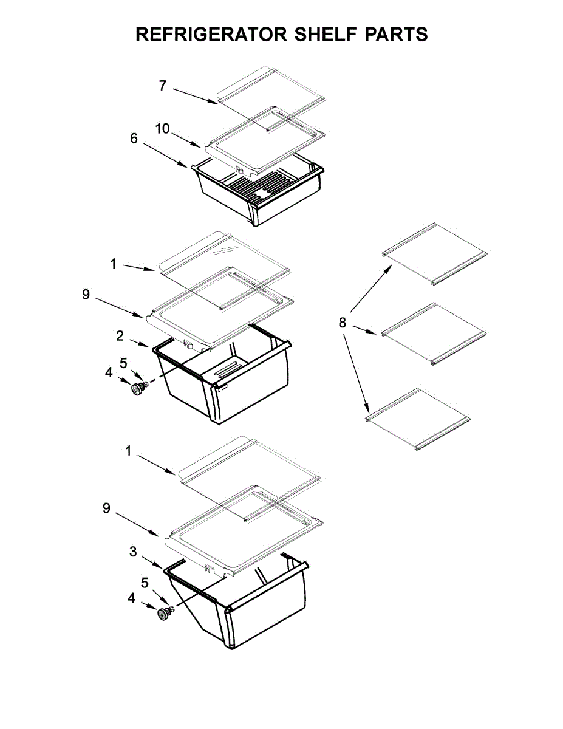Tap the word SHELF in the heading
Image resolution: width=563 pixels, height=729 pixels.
point(323,35)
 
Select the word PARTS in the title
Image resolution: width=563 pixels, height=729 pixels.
point(397,35)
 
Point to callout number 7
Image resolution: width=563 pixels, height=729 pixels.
point(162,86)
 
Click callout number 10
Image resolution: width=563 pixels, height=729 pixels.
point(162,129)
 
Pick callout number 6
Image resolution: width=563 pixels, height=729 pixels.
point(134,139)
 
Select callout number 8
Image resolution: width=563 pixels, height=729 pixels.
point(343,323)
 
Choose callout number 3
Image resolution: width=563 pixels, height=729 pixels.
point(133,552)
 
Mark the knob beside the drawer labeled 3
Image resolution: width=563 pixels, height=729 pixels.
point(163,614)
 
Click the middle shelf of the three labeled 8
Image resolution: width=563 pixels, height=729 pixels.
point(435,334)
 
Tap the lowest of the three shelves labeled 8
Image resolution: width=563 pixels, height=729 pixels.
point(418,419)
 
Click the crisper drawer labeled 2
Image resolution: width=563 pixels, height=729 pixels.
point(225,383)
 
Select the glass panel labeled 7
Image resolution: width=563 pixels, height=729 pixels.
point(270,97)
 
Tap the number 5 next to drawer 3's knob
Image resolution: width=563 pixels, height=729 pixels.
point(145,583)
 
